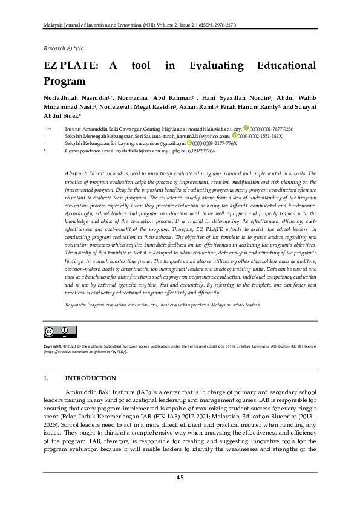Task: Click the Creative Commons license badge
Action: [x=60, y=331]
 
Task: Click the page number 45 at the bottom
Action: [x=180, y=478]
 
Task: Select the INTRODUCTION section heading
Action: [x=90, y=378]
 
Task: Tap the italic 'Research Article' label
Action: [x=62, y=47]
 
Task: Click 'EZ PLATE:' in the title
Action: [x=69, y=66]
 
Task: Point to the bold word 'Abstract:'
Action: [x=76, y=173]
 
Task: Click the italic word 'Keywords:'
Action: [x=76, y=305]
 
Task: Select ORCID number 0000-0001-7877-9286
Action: [x=272, y=129]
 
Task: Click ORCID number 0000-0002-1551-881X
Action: [x=260, y=136]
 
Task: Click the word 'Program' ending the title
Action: [x=64, y=80]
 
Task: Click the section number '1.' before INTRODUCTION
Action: [x=45, y=378]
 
